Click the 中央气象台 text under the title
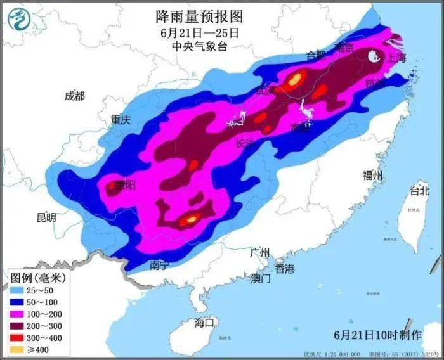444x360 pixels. click(199, 46)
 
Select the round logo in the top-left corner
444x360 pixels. click(20, 20)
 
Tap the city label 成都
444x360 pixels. click(74, 96)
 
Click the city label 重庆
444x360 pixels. click(120, 119)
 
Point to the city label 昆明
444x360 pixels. click(46, 217)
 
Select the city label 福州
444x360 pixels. click(371, 176)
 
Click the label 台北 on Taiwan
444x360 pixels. click(419, 190)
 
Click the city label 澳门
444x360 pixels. click(260, 278)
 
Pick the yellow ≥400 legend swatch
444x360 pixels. click(18, 349)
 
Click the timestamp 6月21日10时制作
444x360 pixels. click(377, 333)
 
